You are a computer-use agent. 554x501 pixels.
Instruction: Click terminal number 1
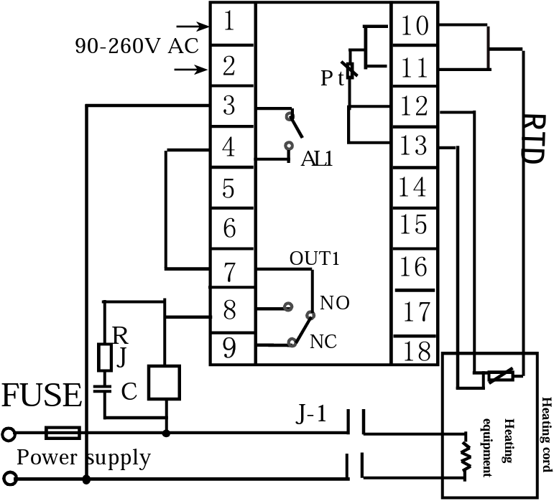point(229,21)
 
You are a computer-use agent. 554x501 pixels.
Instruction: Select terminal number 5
point(228,188)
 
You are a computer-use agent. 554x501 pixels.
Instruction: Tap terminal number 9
point(229,348)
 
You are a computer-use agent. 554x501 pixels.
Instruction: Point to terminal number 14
point(412,187)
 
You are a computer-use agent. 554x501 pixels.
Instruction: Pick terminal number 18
point(417,351)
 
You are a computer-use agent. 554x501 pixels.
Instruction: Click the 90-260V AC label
point(137,46)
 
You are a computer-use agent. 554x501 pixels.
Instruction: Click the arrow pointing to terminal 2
point(191,70)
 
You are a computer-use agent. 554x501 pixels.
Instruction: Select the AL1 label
point(317,159)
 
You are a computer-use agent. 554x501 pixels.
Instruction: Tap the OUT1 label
point(315,258)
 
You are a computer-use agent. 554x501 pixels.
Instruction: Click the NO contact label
point(335,303)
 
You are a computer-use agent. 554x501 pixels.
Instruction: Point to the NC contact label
point(323,342)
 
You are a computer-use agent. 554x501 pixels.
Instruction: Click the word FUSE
point(42,395)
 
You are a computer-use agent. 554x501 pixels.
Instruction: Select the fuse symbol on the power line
point(63,433)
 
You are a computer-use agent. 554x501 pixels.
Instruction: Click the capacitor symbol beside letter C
point(103,389)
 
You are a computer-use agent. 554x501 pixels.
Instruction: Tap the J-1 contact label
point(311,413)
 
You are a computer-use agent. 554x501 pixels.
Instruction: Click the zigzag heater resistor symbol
point(466,456)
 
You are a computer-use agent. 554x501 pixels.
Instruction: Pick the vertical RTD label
point(532,139)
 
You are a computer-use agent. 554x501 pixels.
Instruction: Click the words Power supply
point(84,458)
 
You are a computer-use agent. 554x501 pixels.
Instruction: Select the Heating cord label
point(547,434)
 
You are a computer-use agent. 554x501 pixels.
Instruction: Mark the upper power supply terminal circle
point(9,434)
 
